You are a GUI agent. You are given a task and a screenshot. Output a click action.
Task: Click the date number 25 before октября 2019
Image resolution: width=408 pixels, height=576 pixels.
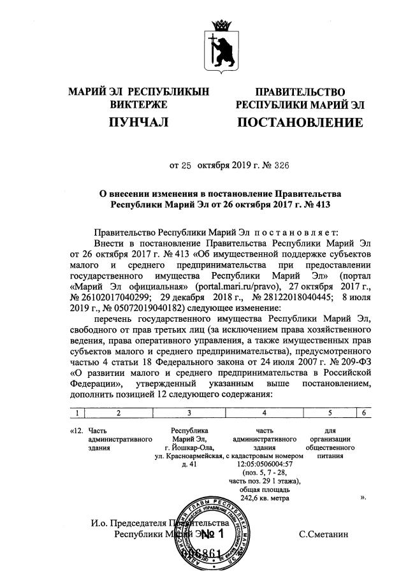tap(186, 166)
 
